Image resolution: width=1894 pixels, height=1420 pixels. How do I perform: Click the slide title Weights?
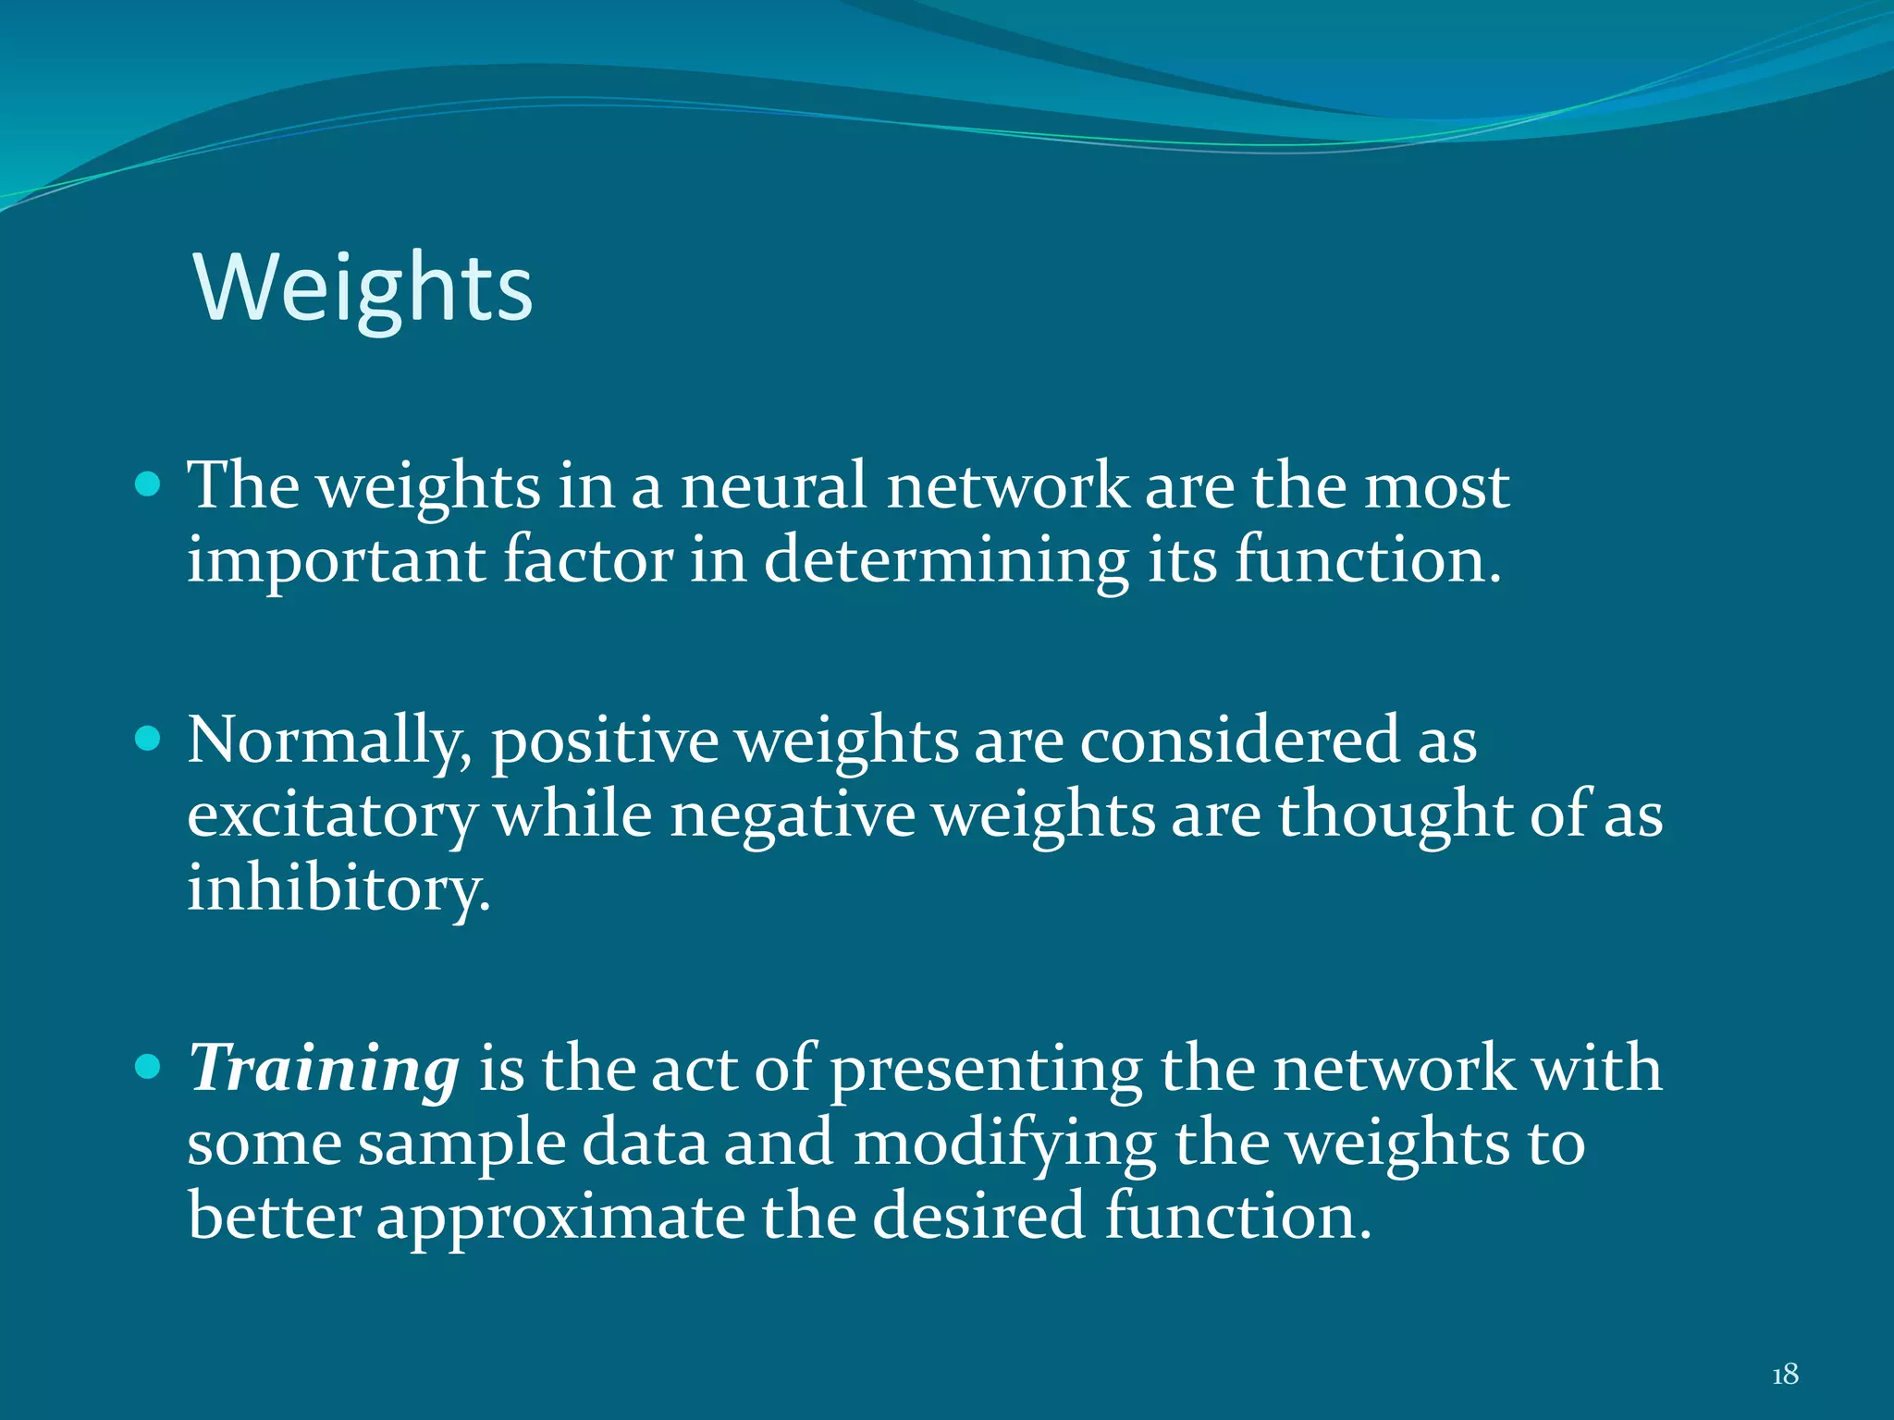(363, 288)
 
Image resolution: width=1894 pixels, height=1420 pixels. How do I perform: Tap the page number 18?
(1785, 1375)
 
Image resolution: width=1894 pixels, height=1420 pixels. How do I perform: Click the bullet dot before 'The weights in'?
(148, 484)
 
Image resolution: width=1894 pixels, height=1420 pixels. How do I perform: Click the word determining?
(946, 561)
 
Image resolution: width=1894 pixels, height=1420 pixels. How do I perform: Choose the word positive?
(605, 741)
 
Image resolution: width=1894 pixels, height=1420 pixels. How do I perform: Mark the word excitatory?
(332, 816)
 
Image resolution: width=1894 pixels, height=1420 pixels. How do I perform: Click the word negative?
(793, 816)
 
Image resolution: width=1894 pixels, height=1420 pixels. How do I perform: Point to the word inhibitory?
(338, 888)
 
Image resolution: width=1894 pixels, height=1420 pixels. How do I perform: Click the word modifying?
(1004, 1145)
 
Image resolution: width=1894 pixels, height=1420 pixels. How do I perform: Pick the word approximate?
(560, 1217)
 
